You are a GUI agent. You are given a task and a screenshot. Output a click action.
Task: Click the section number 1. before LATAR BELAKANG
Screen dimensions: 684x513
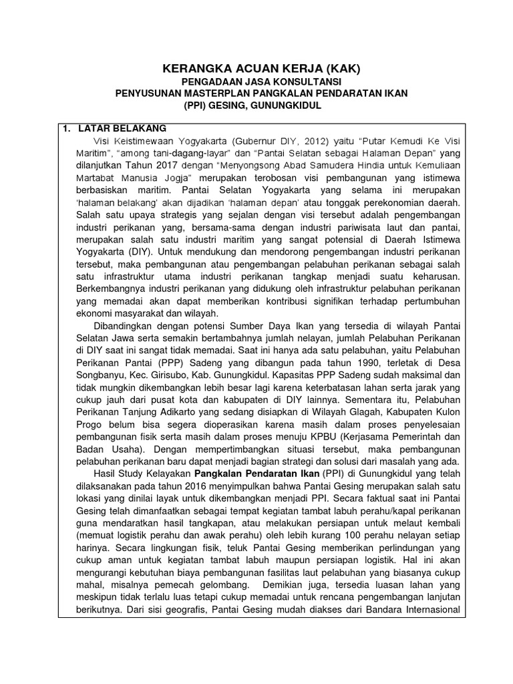pyautogui.click(x=66, y=128)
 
